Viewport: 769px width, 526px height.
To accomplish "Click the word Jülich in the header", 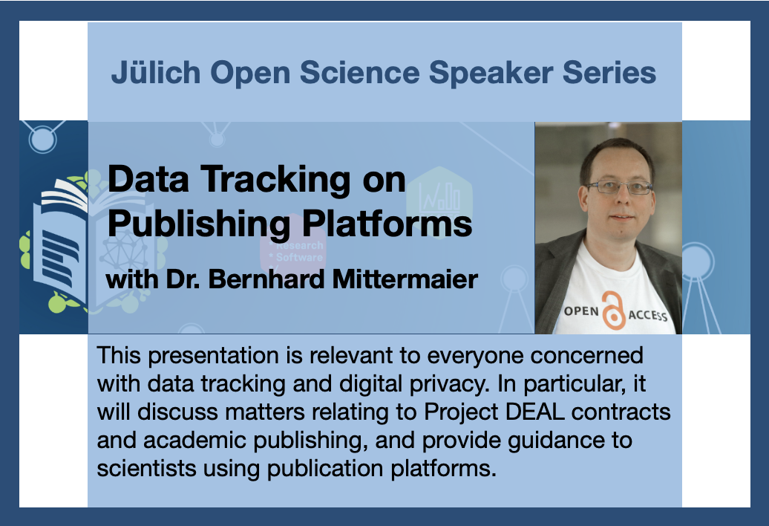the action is (x=156, y=73).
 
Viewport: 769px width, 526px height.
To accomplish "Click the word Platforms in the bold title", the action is (x=387, y=224).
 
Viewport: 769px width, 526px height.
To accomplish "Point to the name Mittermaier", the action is (x=405, y=279).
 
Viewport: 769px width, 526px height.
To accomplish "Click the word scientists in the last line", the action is (x=147, y=468).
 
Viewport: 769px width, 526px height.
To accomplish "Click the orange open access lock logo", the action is (x=613, y=311).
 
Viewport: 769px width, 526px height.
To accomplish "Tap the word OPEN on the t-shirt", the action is (x=581, y=311).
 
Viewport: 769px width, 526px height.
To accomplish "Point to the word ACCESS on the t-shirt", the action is (x=648, y=315).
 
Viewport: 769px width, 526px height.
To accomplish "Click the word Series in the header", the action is (x=609, y=73).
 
